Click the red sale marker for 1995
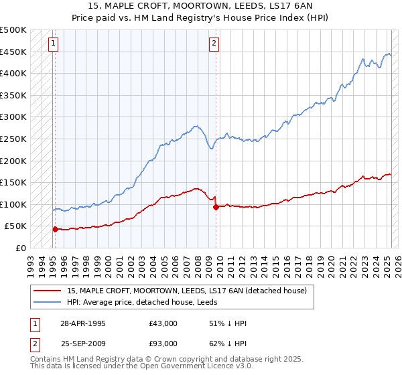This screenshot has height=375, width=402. tap(55, 229)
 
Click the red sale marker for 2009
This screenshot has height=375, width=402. tap(216, 207)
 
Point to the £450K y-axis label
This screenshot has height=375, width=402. tap(13, 52)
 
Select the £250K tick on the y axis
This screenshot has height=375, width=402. tap(13, 139)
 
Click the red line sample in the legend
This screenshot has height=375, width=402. tap(47, 291)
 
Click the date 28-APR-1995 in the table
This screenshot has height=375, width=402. tap(83, 323)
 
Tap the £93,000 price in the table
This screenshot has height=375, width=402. tap(163, 344)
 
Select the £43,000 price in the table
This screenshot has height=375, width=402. tap(163, 323)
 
